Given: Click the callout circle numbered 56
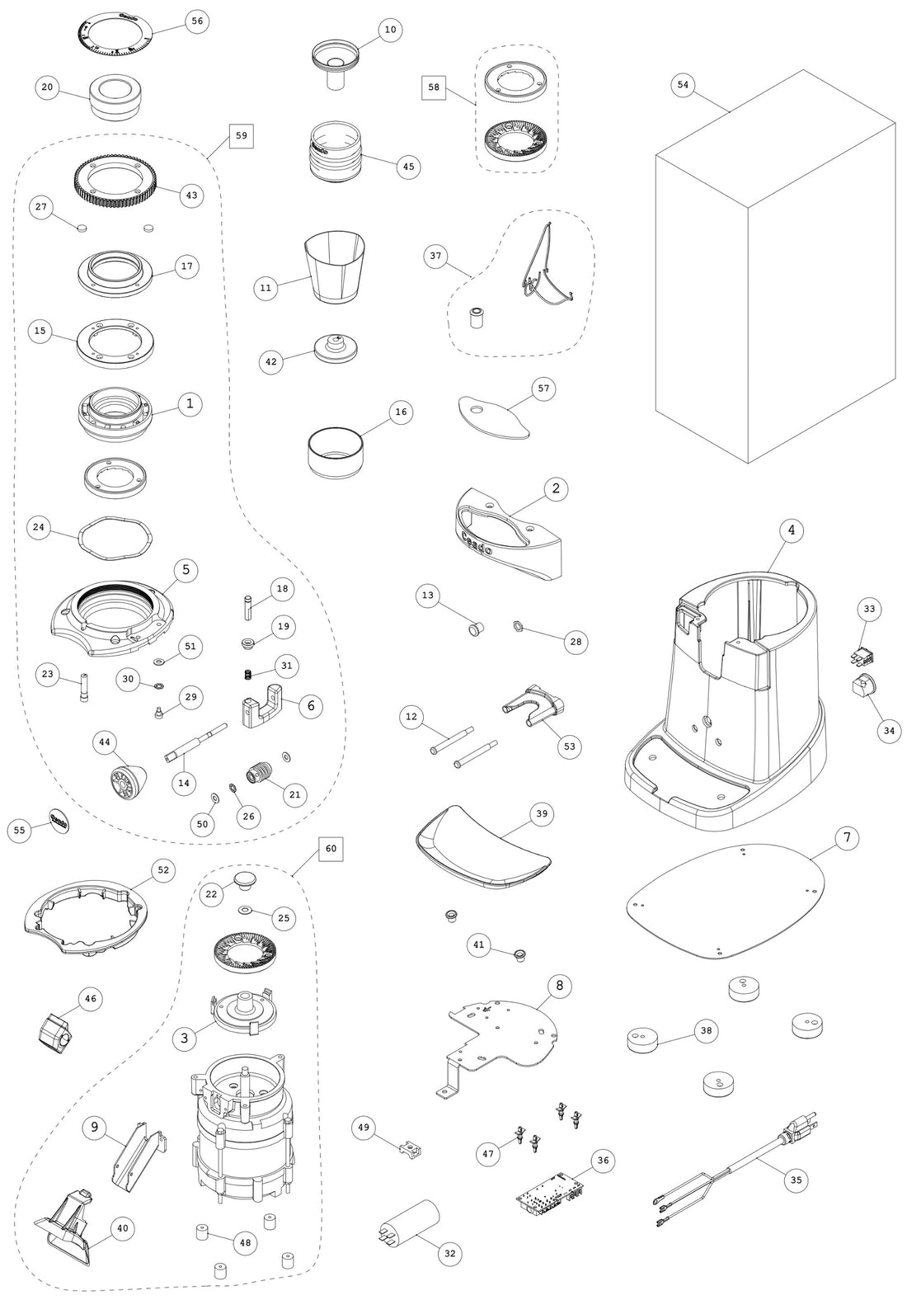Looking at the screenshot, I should [195, 22].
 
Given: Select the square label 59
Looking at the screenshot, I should [241, 134].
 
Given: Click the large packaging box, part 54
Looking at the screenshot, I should [775, 272].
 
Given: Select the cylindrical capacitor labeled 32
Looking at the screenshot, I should [410, 1224].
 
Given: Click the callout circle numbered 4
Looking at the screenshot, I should [791, 530].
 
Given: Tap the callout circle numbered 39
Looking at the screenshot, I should [542, 813].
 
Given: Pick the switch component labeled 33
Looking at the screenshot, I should [861, 657].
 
